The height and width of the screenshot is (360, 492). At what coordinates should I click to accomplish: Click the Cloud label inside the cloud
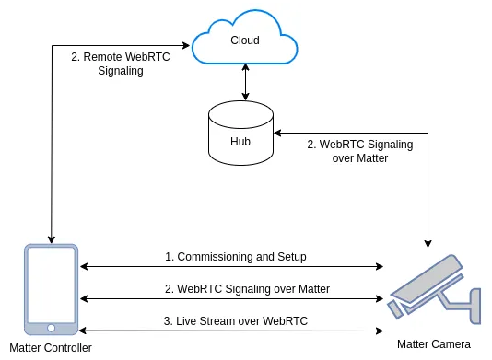coord(245,41)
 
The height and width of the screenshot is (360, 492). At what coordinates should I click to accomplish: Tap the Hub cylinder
coord(241,133)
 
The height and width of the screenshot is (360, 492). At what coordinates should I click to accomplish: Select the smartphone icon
coord(52,289)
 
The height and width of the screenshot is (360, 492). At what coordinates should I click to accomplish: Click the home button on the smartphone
coord(52,328)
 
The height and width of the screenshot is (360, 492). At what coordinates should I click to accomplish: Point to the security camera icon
coord(435,290)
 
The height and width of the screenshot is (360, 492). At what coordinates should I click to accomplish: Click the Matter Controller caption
coord(51,348)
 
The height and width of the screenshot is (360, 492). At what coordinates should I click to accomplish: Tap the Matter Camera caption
coord(434,344)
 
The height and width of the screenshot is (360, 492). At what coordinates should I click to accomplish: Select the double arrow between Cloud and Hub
coord(245,82)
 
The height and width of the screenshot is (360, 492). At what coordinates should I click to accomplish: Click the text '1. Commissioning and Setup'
coord(236,257)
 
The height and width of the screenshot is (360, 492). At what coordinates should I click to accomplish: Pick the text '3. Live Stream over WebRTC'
coord(236,321)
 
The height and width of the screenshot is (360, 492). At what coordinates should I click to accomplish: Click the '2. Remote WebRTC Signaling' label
coord(121,64)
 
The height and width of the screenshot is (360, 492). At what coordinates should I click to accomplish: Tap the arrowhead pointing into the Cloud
coord(186,46)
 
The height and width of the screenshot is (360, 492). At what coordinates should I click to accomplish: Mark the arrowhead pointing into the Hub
coord(277,133)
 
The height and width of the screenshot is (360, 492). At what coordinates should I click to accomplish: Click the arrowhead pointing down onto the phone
coord(52,240)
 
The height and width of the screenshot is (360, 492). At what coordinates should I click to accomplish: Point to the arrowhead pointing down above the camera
coord(428,244)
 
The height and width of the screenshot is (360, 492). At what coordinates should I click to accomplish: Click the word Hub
coord(240,142)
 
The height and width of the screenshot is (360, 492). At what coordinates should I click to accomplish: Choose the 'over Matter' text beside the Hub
coord(360,158)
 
